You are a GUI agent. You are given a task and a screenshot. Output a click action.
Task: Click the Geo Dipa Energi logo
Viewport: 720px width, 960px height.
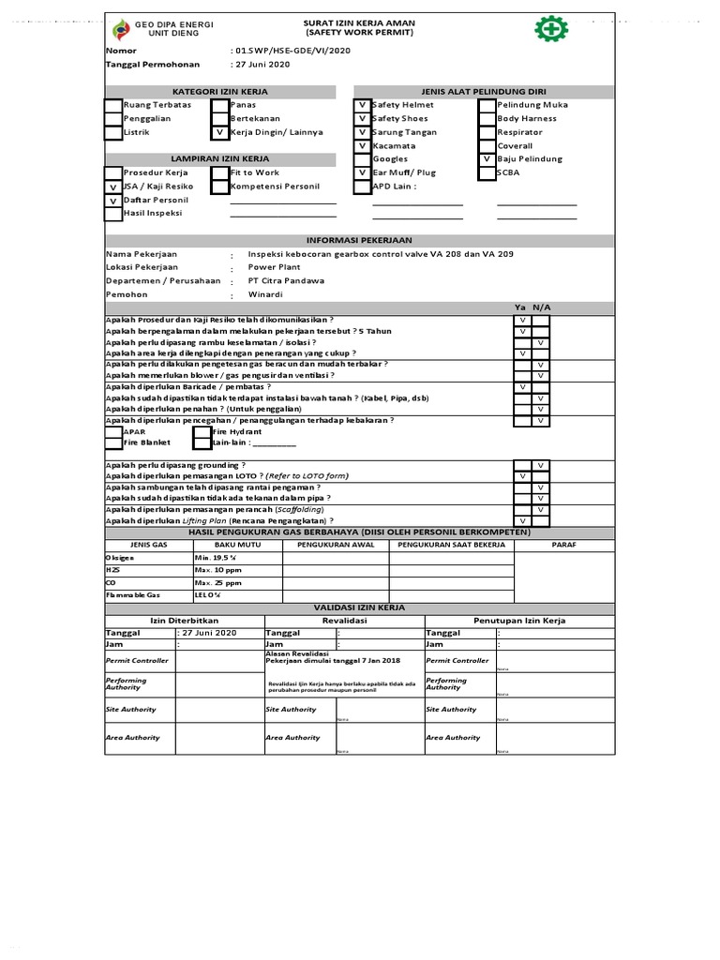click(121, 29)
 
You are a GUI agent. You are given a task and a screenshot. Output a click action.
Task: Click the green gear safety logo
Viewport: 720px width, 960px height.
click(551, 29)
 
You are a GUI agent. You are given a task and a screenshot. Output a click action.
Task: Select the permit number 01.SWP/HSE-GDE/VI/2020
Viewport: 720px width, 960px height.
click(292, 50)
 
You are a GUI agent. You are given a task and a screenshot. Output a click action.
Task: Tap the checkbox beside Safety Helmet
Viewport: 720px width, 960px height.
click(363, 106)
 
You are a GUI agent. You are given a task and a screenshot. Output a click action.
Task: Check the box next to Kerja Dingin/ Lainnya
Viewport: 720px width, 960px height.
click(220, 133)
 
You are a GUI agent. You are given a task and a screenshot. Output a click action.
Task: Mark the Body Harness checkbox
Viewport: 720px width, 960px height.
click(487, 119)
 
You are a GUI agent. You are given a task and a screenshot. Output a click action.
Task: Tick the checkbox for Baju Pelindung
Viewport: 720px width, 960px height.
click(487, 159)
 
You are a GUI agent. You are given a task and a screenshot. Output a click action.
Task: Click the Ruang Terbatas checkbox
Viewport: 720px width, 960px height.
click(112, 106)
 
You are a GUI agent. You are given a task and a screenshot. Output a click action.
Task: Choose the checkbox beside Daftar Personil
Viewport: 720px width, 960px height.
click(112, 201)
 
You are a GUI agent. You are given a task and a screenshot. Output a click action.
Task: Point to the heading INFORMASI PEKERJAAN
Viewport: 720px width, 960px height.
click(358, 240)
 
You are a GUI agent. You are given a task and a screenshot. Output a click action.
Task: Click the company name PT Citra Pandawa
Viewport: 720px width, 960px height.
click(286, 280)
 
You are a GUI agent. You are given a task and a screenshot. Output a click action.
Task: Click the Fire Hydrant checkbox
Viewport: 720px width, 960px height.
click(202, 431)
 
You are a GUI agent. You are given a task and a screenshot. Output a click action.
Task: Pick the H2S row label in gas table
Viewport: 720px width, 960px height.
click(113, 570)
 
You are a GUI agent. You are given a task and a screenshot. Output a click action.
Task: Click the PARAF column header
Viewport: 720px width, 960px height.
click(563, 545)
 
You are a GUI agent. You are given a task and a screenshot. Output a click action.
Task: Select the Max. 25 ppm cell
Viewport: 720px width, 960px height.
click(217, 582)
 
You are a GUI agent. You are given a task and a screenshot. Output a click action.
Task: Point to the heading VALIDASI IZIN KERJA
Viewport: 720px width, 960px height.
click(358, 607)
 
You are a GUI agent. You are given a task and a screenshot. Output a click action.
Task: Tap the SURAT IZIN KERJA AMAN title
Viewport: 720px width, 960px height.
click(358, 21)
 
